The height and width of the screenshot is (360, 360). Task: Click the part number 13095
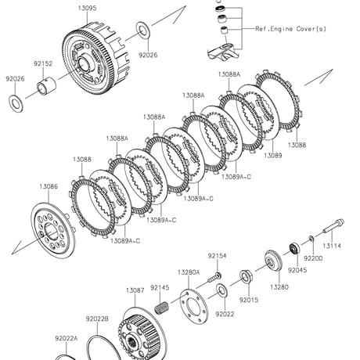(x=87, y=8)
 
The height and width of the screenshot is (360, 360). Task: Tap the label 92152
(x=43, y=63)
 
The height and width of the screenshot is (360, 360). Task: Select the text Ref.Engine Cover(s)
(x=290, y=29)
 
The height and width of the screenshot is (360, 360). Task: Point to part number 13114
(x=332, y=246)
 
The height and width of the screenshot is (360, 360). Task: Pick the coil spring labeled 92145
(x=162, y=308)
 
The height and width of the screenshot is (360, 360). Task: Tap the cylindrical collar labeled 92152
(x=47, y=86)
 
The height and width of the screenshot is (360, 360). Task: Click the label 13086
(x=49, y=186)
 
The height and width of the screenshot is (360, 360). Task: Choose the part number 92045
(x=297, y=270)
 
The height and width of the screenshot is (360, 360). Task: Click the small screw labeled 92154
(x=214, y=278)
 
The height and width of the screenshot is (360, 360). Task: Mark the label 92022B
(x=97, y=319)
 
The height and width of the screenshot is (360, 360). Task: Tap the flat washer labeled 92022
(x=221, y=290)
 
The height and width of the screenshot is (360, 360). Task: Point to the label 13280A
(x=189, y=272)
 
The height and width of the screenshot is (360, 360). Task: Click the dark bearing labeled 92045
(x=295, y=249)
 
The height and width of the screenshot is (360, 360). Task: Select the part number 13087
(x=135, y=290)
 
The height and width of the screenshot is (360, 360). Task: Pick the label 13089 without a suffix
(x=273, y=156)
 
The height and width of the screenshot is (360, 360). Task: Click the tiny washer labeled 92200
(x=311, y=239)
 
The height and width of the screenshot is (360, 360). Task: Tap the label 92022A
(x=67, y=338)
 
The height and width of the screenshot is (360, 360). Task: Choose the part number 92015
(x=249, y=300)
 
